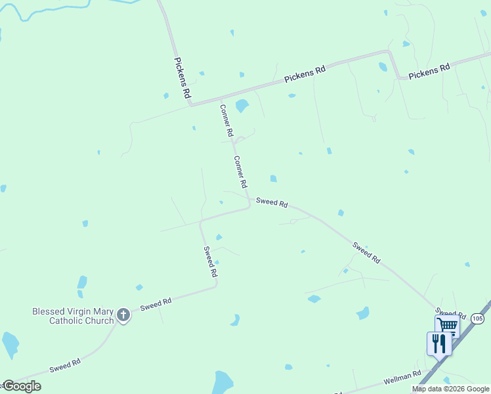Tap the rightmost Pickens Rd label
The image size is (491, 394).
[429, 71]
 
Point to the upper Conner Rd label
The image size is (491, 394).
[226, 120]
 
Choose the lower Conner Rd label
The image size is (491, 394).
[241, 171]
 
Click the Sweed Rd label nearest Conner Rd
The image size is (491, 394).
[272, 203]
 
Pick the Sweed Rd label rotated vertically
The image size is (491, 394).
[210, 261]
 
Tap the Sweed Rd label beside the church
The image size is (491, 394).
[156, 304]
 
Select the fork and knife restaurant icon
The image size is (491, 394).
[438, 343]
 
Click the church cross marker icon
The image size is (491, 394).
[123, 316]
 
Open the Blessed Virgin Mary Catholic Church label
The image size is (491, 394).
[72, 316]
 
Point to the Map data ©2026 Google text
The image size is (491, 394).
[450, 389]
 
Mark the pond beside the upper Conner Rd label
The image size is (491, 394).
[242, 105]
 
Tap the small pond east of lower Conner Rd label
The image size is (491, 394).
[273, 179]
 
